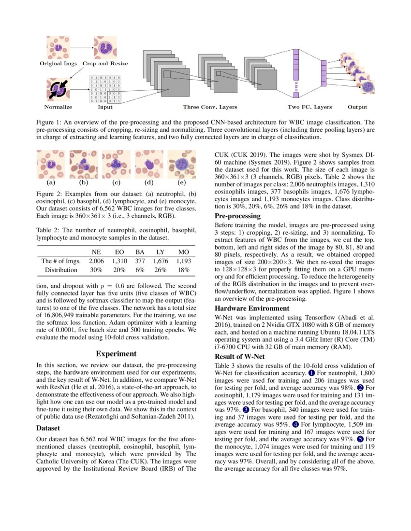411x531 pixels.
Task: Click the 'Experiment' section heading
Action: point(117,353)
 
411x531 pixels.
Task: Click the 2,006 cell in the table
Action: point(96,261)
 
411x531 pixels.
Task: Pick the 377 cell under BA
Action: point(140,261)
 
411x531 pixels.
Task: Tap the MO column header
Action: point(183,252)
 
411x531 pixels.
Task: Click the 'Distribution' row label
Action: point(61,270)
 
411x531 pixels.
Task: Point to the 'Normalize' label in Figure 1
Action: point(58,107)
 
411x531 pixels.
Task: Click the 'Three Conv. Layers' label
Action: point(210,107)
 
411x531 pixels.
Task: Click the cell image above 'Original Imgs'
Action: point(58,47)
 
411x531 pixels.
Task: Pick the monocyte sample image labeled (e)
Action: point(181,165)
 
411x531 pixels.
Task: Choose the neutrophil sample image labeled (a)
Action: point(51,165)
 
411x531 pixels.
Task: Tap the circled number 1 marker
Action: point(311,373)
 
